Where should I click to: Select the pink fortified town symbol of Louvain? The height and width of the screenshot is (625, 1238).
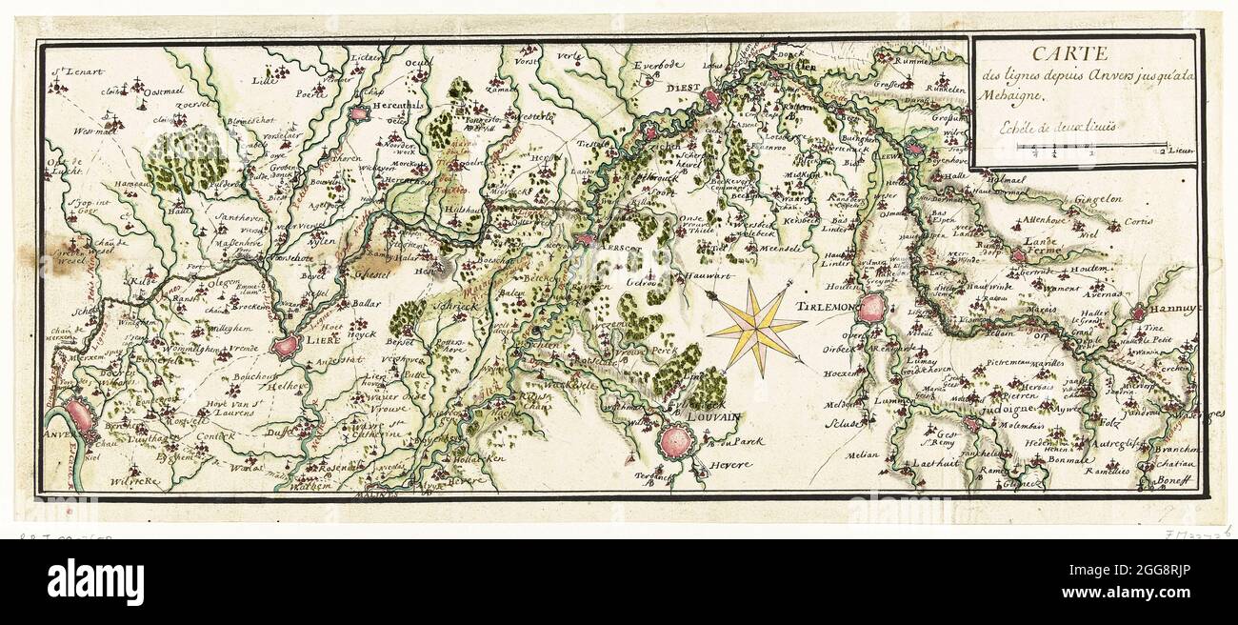click(x=676, y=440)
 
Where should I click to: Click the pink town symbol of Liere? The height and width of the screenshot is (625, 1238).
click(x=286, y=347)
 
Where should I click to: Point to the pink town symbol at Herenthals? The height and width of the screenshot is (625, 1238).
click(x=359, y=113)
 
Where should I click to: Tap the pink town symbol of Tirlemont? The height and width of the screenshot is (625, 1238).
click(x=870, y=309)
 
